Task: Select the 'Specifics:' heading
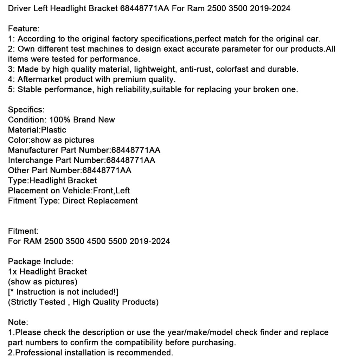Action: point(26,109)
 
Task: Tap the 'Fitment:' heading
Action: point(23,231)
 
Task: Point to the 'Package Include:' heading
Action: point(40,262)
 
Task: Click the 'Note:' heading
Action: point(18,322)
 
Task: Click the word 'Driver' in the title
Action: point(20,8)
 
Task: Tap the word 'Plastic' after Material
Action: point(53,130)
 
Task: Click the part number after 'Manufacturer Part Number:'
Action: point(136,150)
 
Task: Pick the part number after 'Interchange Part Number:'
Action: point(130,160)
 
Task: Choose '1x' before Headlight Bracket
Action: point(12,271)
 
